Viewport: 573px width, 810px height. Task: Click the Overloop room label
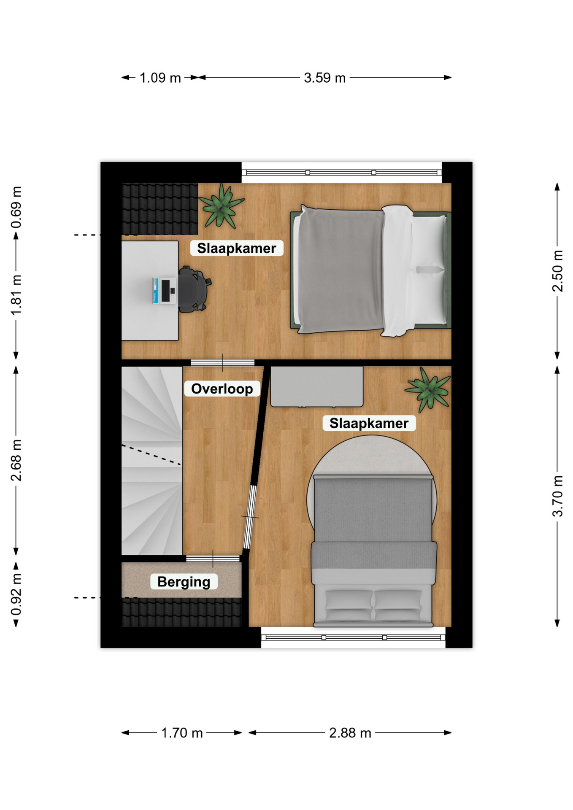[x=222, y=389]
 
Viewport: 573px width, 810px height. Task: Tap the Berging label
[x=184, y=582]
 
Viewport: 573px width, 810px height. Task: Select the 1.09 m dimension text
[x=160, y=78]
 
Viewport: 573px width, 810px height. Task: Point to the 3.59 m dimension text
[x=324, y=78]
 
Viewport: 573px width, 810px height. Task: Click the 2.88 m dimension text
[x=350, y=733]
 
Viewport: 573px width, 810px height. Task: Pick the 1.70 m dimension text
[x=182, y=733]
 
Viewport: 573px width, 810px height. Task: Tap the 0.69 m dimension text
[x=16, y=207]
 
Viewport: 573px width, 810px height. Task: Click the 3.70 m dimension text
[x=557, y=496]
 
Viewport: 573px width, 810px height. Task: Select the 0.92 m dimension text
[x=16, y=594]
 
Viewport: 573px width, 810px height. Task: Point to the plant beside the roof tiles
[x=222, y=205]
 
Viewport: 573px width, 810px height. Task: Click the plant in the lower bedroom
[x=428, y=390]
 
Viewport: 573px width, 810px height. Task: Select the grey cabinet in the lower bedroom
[x=316, y=386]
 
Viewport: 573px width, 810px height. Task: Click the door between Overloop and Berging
[x=213, y=559]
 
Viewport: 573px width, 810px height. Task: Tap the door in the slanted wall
[x=250, y=517]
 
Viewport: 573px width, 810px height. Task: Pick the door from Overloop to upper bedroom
[x=222, y=363]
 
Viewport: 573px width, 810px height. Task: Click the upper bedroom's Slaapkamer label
[x=236, y=248]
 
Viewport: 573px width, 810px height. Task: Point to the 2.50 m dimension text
[x=557, y=271]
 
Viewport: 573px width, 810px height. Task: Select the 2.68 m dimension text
[x=16, y=460]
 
